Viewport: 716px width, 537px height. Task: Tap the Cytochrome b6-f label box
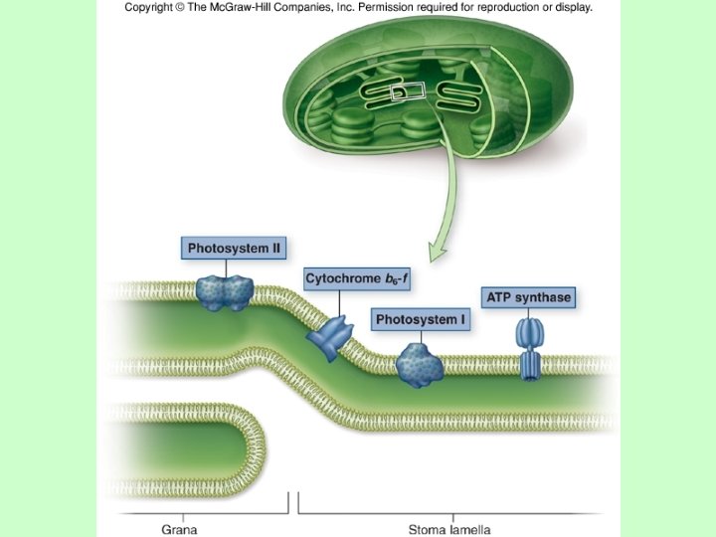[x=356, y=279]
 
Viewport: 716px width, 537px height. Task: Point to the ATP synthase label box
[x=528, y=297]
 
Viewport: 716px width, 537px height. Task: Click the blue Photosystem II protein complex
[x=225, y=291]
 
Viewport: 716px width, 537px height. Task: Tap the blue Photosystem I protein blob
[x=419, y=365]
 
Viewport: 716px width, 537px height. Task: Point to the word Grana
[x=179, y=529]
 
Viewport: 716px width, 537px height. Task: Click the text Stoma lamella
[x=449, y=529]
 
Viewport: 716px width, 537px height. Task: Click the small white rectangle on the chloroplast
[x=411, y=92]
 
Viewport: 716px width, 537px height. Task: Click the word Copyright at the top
[x=153, y=7]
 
